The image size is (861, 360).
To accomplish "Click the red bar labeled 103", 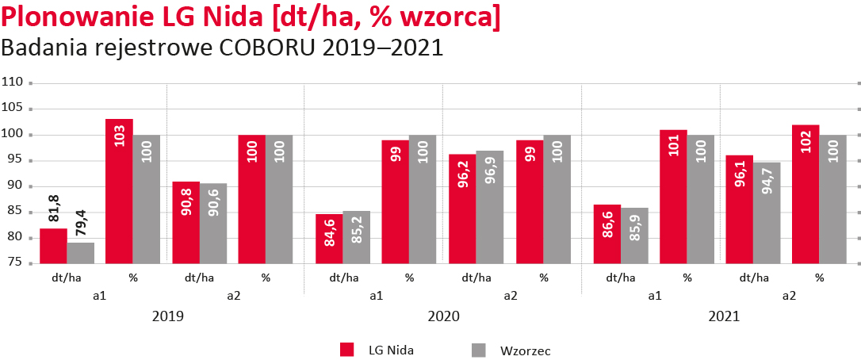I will (x=119, y=191).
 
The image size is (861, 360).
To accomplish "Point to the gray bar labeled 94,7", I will (x=767, y=213).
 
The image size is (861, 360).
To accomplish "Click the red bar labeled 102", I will (x=806, y=194).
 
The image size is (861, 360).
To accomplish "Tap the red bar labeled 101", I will (x=673, y=197).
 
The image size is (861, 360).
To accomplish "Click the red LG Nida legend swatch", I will (x=346, y=349).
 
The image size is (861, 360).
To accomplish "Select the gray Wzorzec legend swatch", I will (x=478, y=349).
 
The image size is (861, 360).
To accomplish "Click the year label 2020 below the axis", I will (x=443, y=316).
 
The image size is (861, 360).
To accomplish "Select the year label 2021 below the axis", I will (x=722, y=316).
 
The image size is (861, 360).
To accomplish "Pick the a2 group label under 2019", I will (x=234, y=295).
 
